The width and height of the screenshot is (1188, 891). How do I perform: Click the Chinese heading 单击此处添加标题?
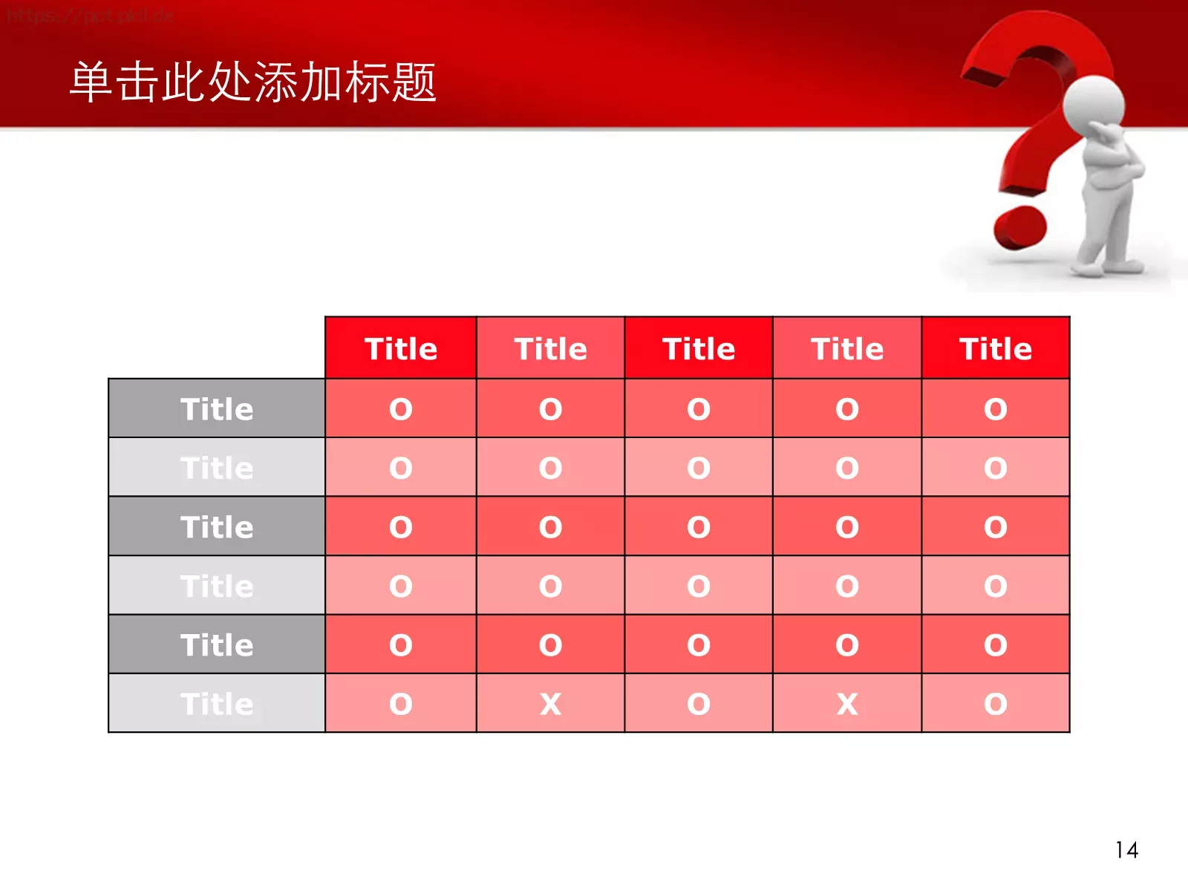click(x=252, y=82)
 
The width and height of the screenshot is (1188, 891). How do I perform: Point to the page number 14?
click(x=1126, y=850)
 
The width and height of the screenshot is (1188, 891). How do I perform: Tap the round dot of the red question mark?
click(x=1020, y=227)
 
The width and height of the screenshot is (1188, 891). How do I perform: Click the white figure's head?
click(x=1093, y=105)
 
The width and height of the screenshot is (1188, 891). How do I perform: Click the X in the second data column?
click(x=550, y=704)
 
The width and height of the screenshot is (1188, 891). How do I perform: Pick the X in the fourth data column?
click(x=847, y=704)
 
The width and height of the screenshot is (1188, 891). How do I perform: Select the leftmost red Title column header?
click(x=401, y=349)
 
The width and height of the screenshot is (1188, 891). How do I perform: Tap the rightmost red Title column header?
click(x=996, y=349)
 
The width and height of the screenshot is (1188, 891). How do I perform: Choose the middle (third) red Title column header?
click(x=699, y=349)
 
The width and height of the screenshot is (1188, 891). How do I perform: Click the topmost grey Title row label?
click(x=217, y=409)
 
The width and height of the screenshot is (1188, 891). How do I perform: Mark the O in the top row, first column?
click(x=401, y=409)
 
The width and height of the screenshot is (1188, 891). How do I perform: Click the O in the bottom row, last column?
click(x=996, y=704)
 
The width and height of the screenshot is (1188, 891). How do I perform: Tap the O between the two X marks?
click(x=699, y=704)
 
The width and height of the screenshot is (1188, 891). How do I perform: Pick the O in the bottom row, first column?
click(x=401, y=704)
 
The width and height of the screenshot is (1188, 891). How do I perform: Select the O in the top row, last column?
click(x=996, y=409)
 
